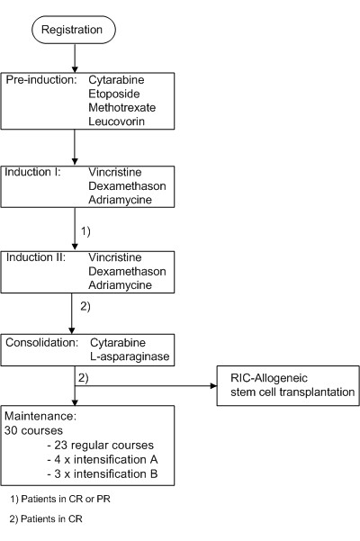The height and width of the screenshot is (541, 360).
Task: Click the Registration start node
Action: (x=74, y=30)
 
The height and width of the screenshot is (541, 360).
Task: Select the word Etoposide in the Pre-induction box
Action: (x=114, y=94)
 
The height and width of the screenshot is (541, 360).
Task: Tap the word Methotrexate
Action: (x=122, y=108)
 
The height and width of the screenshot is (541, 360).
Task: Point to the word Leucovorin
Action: (x=117, y=122)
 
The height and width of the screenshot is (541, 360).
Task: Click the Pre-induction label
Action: (x=41, y=80)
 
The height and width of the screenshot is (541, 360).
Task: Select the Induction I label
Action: (x=32, y=172)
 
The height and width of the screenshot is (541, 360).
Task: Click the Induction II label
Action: (x=36, y=257)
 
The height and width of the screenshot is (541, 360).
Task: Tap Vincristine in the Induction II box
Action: (x=115, y=257)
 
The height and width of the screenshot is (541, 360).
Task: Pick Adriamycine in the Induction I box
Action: (x=120, y=200)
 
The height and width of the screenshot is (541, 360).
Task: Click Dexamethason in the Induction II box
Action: (x=127, y=272)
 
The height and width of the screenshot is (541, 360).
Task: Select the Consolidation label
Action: (x=42, y=343)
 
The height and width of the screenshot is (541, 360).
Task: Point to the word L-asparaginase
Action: (x=130, y=356)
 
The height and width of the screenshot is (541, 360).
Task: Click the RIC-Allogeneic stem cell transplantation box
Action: (x=288, y=386)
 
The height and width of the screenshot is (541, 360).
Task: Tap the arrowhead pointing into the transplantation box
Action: (x=214, y=386)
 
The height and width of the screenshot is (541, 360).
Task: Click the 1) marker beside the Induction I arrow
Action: (x=85, y=230)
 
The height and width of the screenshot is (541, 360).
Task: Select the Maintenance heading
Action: (x=40, y=416)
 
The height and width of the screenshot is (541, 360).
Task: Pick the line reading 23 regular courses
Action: (x=100, y=445)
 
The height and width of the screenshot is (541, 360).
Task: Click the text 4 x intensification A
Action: (x=103, y=460)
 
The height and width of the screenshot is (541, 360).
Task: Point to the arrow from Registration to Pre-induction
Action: (x=75, y=59)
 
